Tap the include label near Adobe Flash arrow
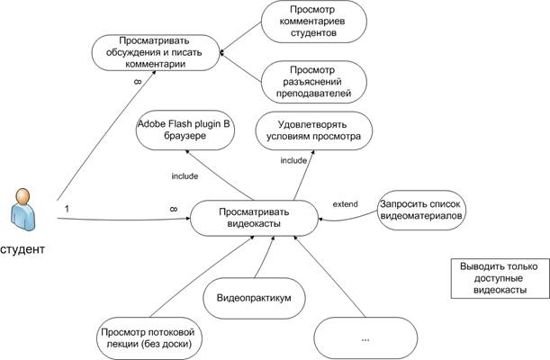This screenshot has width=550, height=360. [x=185, y=175]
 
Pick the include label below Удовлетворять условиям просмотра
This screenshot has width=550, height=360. [x=293, y=161]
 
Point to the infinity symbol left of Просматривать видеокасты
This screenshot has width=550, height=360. [x=173, y=208]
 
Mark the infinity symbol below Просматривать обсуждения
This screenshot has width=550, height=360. [x=137, y=82]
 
